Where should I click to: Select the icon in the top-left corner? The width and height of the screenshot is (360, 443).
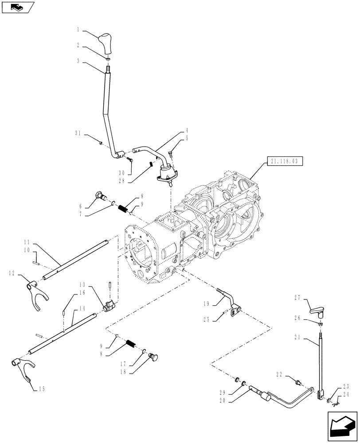[x=17, y=7]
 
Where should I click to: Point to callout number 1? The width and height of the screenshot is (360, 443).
[x=78, y=30]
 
